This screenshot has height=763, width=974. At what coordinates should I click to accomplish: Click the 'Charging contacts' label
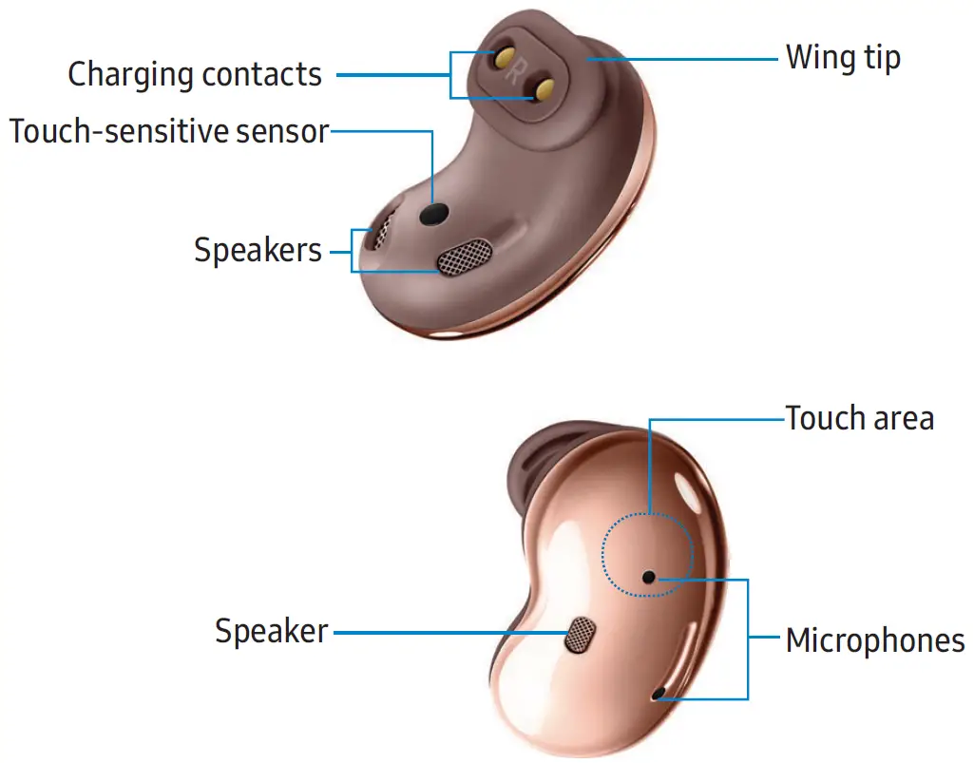click(195, 74)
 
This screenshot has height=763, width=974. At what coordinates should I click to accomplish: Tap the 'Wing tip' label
click(842, 59)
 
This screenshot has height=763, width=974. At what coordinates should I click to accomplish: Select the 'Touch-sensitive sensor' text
click(169, 132)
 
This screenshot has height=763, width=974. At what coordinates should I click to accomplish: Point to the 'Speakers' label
click(258, 251)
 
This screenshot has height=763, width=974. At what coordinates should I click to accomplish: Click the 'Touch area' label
click(859, 418)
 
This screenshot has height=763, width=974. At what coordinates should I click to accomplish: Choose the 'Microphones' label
click(874, 640)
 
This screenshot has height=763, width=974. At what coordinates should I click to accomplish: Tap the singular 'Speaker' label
click(271, 631)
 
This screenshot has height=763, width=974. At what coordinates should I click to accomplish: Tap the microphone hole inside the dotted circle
click(648, 577)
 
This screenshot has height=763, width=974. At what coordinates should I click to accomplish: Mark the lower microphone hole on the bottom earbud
click(656, 696)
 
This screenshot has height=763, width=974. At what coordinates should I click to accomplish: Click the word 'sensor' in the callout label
click(284, 132)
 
